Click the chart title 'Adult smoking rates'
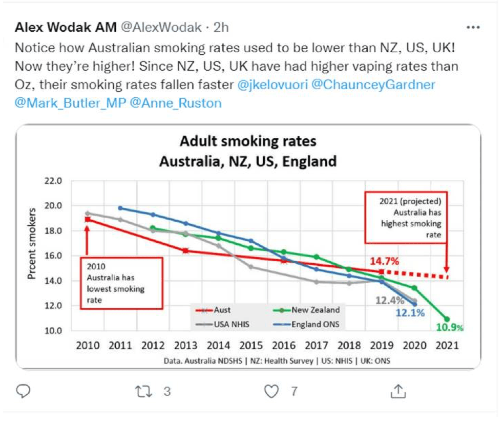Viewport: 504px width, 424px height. click(247, 141)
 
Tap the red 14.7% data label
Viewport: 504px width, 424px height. click(384, 261)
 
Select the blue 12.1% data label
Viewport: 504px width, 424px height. click(410, 312)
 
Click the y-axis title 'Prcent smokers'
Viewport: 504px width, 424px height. click(32, 243)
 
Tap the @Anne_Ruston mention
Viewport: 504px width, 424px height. click(176, 103)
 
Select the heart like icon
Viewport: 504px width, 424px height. click(271, 392)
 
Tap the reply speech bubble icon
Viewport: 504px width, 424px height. click(23, 392)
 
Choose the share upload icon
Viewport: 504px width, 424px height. click(398, 392)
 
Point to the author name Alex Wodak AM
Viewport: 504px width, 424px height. click(65, 27)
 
